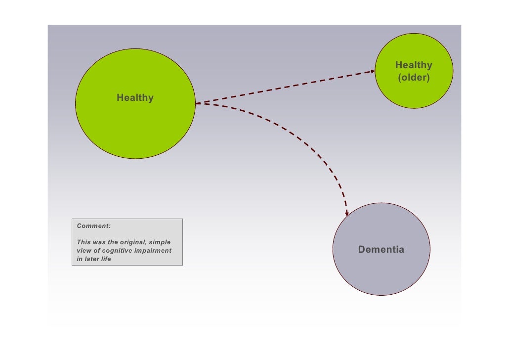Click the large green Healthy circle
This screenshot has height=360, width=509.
tap(135, 124)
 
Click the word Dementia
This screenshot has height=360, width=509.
tap(381, 250)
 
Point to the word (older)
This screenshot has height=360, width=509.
tap(414, 78)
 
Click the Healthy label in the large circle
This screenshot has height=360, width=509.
tap(135, 98)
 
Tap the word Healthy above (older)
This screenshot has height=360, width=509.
tap(414, 65)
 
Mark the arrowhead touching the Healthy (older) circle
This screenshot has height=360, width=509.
tap(372, 72)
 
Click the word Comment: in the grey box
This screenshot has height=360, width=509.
tap(94, 226)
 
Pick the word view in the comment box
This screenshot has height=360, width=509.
tap(84, 251)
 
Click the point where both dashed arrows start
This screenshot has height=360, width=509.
tap(196, 103)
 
